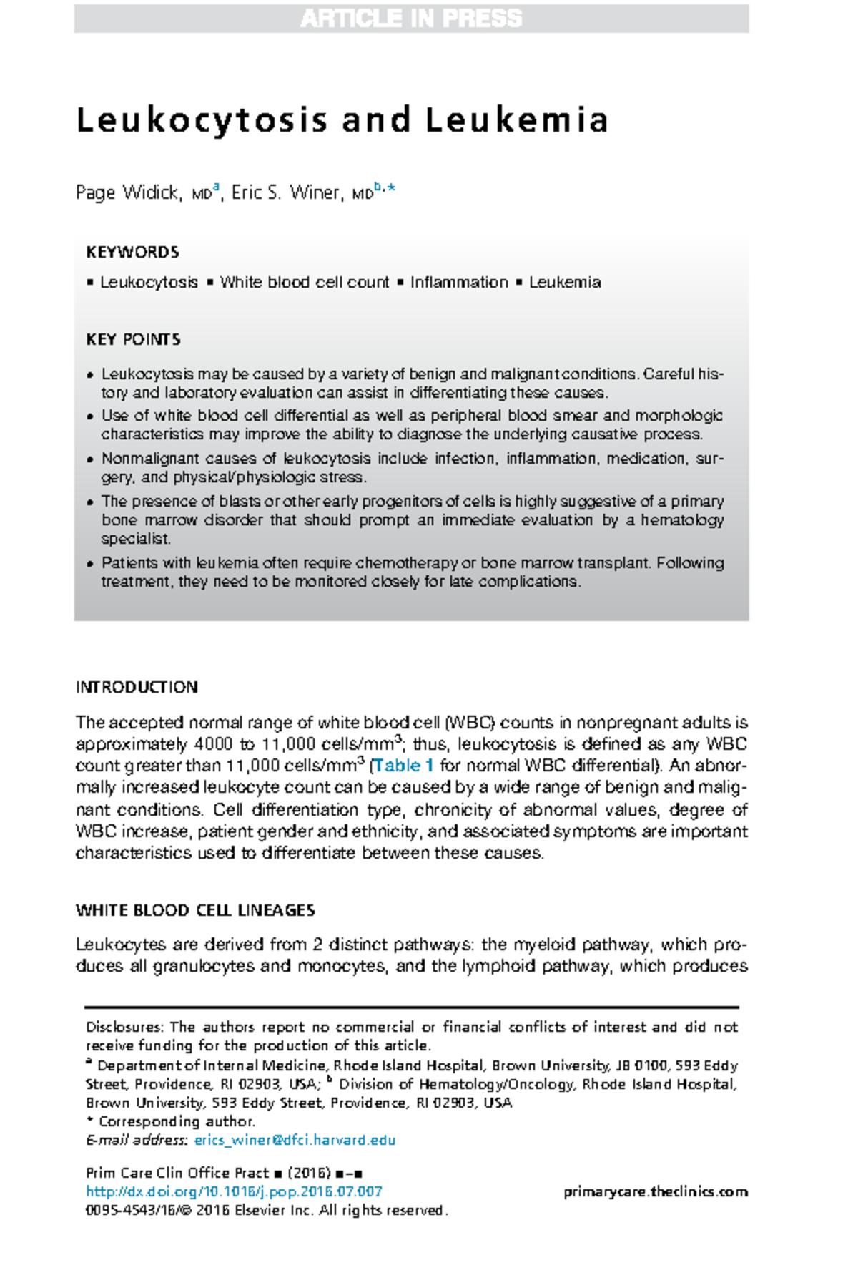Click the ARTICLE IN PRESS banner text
coord(411,19)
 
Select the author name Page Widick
coord(127,192)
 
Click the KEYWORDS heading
coord(132,252)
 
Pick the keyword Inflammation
coord(458,283)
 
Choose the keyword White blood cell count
coord(305,283)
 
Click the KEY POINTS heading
coord(133,339)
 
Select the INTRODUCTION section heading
coord(137,687)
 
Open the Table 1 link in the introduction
coord(403,766)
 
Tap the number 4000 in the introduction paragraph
coord(214,744)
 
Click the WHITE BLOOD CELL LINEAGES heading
coord(195,910)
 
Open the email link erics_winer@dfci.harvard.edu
coord(295,1140)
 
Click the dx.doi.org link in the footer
coord(234,1191)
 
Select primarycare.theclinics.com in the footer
coord(655,1191)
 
